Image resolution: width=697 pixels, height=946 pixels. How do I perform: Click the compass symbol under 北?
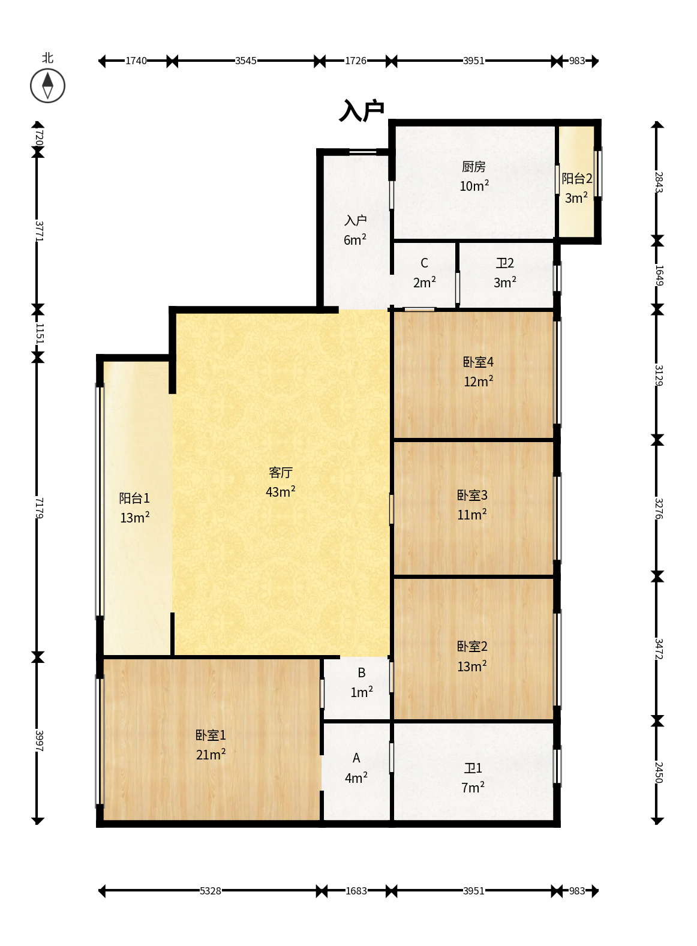pyautogui.click(x=47, y=86)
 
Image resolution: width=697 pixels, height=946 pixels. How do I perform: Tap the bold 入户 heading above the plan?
pyautogui.click(x=361, y=110)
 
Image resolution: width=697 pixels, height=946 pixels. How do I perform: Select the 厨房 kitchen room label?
pyautogui.click(x=474, y=167)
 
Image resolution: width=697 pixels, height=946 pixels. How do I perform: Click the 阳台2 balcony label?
pyautogui.click(x=576, y=179)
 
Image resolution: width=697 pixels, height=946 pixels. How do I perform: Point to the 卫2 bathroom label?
pyautogui.click(x=505, y=263)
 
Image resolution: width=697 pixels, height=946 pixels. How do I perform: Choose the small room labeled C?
pyautogui.click(x=424, y=263)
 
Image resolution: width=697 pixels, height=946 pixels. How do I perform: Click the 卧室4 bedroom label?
pyautogui.click(x=478, y=362)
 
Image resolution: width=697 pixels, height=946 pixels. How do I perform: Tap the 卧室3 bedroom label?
pyautogui.click(x=472, y=495)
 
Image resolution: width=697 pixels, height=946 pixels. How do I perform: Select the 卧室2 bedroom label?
pyautogui.click(x=472, y=647)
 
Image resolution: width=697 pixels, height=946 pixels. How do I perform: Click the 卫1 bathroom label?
pyautogui.click(x=473, y=768)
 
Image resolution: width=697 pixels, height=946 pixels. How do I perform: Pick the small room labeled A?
pyautogui.click(x=356, y=758)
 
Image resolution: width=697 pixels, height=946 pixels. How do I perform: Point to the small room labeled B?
pyautogui.click(x=361, y=673)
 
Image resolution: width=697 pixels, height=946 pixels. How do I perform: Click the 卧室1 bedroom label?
pyautogui.click(x=211, y=735)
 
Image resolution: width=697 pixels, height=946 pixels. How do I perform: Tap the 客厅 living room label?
pyautogui.click(x=280, y=472)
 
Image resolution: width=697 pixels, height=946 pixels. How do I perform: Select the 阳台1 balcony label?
pyautogui.click(x=134, y=498)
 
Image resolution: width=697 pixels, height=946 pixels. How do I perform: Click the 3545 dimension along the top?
pyautogui.click(x=246, y=61)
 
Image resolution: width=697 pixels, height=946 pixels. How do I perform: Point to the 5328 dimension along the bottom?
pyautogui.click(x=211, y=891)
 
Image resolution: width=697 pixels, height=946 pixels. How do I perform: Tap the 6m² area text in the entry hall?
pyautogui.click(x=354, y=239)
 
